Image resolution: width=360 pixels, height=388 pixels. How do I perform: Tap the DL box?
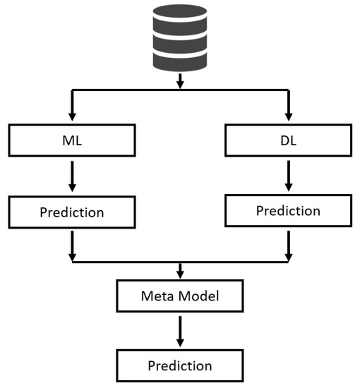(x=288, y=141)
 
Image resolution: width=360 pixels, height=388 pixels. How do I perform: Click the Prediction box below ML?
(x=72, y=212)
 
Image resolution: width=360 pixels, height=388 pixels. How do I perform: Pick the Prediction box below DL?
(x=288, y=211)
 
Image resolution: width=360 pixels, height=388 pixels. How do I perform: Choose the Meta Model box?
(x=180, y=296)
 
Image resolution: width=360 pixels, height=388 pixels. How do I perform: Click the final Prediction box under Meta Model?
(x=180, y=365)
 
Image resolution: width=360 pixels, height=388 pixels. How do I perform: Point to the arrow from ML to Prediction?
(x=72, y=176)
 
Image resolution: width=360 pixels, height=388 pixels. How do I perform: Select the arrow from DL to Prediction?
(x=288, y=176)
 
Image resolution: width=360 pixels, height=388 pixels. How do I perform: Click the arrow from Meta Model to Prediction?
(x=180, y=331)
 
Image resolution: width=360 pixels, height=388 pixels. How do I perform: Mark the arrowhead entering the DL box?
(x=288, y=119)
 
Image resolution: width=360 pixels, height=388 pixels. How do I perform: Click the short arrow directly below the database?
(x=180, y=81)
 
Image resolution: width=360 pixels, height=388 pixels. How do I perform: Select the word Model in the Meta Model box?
(x=196, y=296)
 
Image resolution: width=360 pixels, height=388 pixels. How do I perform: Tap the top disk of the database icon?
(x=180, y=18)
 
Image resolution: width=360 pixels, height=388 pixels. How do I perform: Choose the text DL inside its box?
(x=288, y=141)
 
